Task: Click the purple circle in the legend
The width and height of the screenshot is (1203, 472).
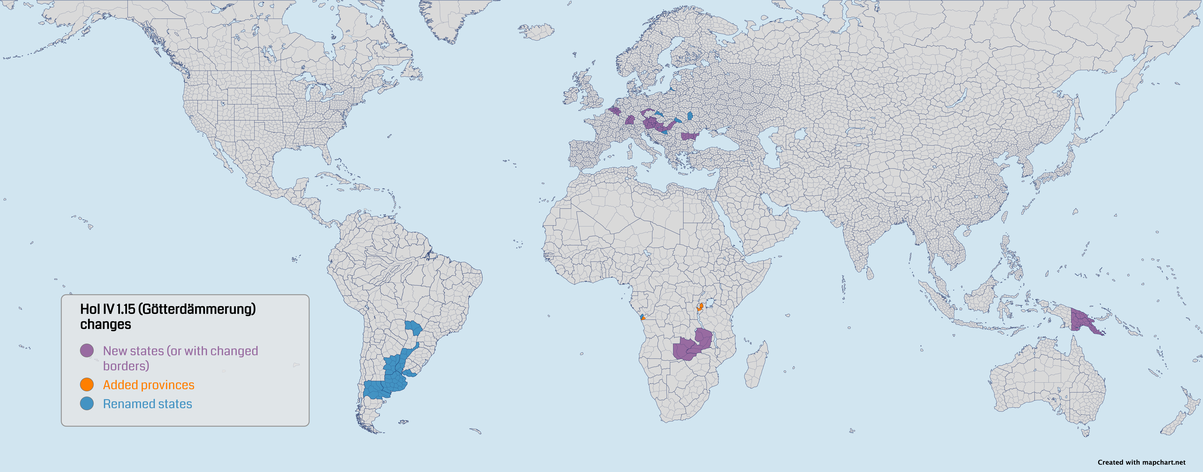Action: tap(87, 350)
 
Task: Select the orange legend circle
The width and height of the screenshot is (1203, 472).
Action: tap(87, 385)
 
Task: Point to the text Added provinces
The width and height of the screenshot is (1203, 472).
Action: tap(148, 385)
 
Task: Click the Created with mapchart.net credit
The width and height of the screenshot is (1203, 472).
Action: tap(1141, 462)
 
